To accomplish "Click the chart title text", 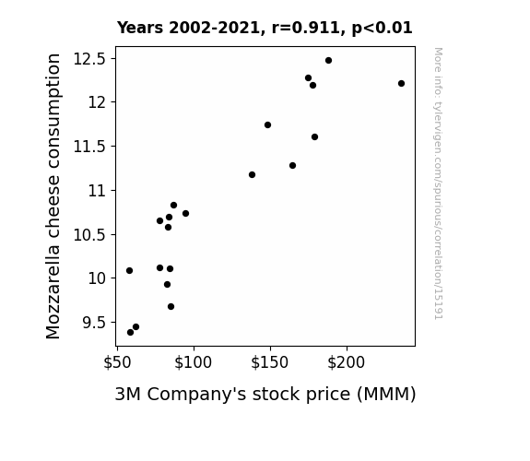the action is (265, 28).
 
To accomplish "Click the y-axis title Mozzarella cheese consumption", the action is (53, 196).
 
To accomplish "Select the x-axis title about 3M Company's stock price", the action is (265, 395).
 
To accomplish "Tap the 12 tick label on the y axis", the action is (98, 102).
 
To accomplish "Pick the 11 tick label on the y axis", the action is (98, 191).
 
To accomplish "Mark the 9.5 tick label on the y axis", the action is (94, 323).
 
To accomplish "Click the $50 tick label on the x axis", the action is (117, 362).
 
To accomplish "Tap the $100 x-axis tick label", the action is (193, 362).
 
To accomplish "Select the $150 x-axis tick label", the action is (270, 362).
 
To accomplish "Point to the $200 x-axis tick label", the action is (347, 362).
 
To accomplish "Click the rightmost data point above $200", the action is (401, 84).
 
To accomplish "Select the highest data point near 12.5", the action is (328, 61).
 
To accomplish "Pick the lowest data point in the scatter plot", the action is (131, 333).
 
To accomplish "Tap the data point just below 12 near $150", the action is (267, 125).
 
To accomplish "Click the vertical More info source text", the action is (439, 183).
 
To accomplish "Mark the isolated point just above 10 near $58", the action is (129, 270).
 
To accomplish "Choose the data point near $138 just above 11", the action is (253, 175).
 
